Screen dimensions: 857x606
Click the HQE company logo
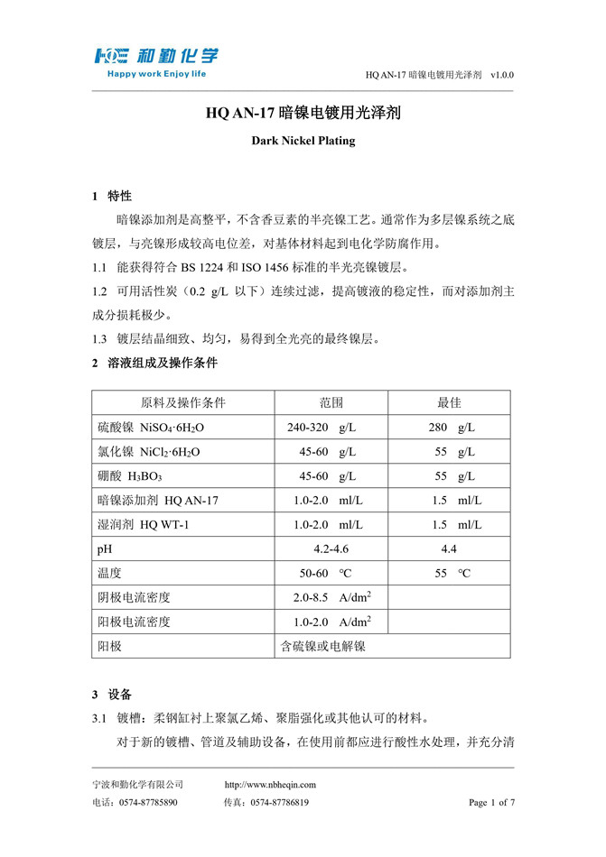pos(157,57)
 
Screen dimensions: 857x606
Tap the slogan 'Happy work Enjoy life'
pos(157,73)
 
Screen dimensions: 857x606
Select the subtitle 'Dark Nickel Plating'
pos(303,141)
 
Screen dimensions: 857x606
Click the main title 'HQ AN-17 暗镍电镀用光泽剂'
pos(303,115)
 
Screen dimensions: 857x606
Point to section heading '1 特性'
pos(112,196)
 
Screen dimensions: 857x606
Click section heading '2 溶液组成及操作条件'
pos(154,364)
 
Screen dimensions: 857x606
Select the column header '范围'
pos(331,402)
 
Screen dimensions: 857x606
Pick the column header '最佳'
pos(449,402)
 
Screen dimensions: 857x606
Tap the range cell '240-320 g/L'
pos(321,427)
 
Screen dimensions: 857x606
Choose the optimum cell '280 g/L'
pos(452,427)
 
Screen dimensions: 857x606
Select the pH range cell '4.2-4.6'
pos(331,548)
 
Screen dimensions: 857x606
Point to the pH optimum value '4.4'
pos(449,548)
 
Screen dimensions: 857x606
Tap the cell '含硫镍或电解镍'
pos(323,646)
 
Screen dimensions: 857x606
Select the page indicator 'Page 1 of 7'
pos(491,802)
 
